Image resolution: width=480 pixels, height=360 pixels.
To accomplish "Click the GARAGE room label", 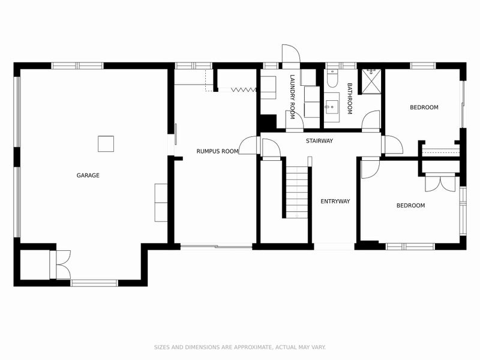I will point(88,175).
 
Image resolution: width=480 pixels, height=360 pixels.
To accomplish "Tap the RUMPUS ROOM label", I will point(217,151).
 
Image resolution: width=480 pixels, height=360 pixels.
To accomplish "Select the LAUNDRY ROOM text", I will point(292,96).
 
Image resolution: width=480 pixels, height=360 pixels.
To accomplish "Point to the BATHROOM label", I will point(349,99).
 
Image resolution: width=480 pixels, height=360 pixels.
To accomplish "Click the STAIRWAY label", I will point(319,141).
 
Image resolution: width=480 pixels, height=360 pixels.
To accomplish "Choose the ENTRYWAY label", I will point(335,201).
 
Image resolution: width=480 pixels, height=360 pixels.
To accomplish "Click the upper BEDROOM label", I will point(424,107).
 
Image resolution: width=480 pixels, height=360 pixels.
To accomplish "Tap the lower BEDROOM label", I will point(410,205).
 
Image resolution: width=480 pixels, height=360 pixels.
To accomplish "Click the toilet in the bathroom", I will point(333,79).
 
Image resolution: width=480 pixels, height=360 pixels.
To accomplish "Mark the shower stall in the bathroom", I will point(371,81).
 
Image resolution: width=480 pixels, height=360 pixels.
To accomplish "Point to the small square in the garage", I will point(106,144).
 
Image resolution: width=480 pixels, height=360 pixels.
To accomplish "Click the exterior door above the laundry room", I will point(290,56).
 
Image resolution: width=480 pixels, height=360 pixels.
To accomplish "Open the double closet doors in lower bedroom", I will point(440,182).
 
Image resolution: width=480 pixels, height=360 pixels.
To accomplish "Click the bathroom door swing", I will point(371,120).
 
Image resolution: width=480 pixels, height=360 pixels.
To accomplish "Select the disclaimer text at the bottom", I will point(240,347).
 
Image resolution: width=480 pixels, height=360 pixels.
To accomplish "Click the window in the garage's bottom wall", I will point(94,283).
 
